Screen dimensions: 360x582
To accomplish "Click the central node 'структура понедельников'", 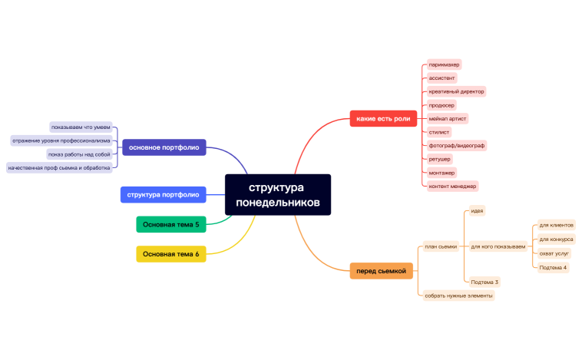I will (x=278, y=195).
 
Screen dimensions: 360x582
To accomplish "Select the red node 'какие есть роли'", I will (x=382, y=118).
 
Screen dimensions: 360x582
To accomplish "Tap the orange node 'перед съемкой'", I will (x=381, y=270).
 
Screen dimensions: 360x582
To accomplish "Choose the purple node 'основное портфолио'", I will (x=164, y=147).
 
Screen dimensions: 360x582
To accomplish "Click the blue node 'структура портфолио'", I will (x=163, y=194).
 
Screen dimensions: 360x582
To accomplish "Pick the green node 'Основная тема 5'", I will (x=170, y=224).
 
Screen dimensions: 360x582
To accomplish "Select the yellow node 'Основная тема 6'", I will (x=170, y=254).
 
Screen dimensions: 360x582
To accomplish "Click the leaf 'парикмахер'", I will (x=444, y=65).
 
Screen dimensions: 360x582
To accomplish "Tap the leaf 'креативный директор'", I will (x=456, y=91).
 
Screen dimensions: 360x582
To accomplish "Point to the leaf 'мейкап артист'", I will (x=448, y=118).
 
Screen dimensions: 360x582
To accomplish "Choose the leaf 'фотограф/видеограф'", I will (x=457, y=145).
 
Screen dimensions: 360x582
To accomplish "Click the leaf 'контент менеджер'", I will (x=453, y=186).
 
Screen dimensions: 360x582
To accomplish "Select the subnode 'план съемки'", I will (x=441, y=246).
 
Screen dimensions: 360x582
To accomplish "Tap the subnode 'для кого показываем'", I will (x=498, y=246).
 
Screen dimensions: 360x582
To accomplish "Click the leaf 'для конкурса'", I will (x=556, y=239).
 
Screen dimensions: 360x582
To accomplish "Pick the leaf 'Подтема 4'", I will (x=553, y=267).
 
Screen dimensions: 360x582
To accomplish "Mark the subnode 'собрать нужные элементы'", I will (x=459, y=295).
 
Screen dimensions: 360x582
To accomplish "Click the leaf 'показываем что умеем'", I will (x=81, y=127).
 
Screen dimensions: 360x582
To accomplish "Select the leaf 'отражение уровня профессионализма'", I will (x=61, y=140).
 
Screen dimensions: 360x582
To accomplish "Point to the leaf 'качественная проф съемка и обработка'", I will (x=59, y=167).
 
